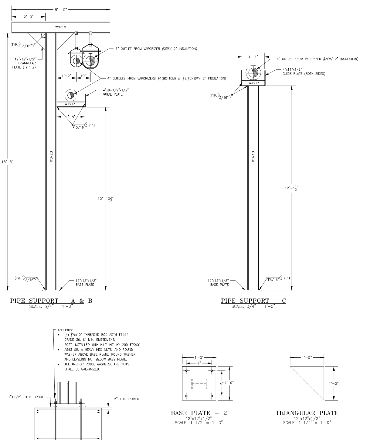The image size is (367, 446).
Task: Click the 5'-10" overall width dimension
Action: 61,10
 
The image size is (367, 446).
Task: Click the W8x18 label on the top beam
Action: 61,27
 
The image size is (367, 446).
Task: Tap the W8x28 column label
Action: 52,157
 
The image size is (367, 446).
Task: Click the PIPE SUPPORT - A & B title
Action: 51,301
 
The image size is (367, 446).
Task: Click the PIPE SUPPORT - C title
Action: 253,301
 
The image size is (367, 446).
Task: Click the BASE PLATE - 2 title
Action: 199,413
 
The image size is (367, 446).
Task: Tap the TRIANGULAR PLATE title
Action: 307,413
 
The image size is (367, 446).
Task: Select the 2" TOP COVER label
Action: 126,399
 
